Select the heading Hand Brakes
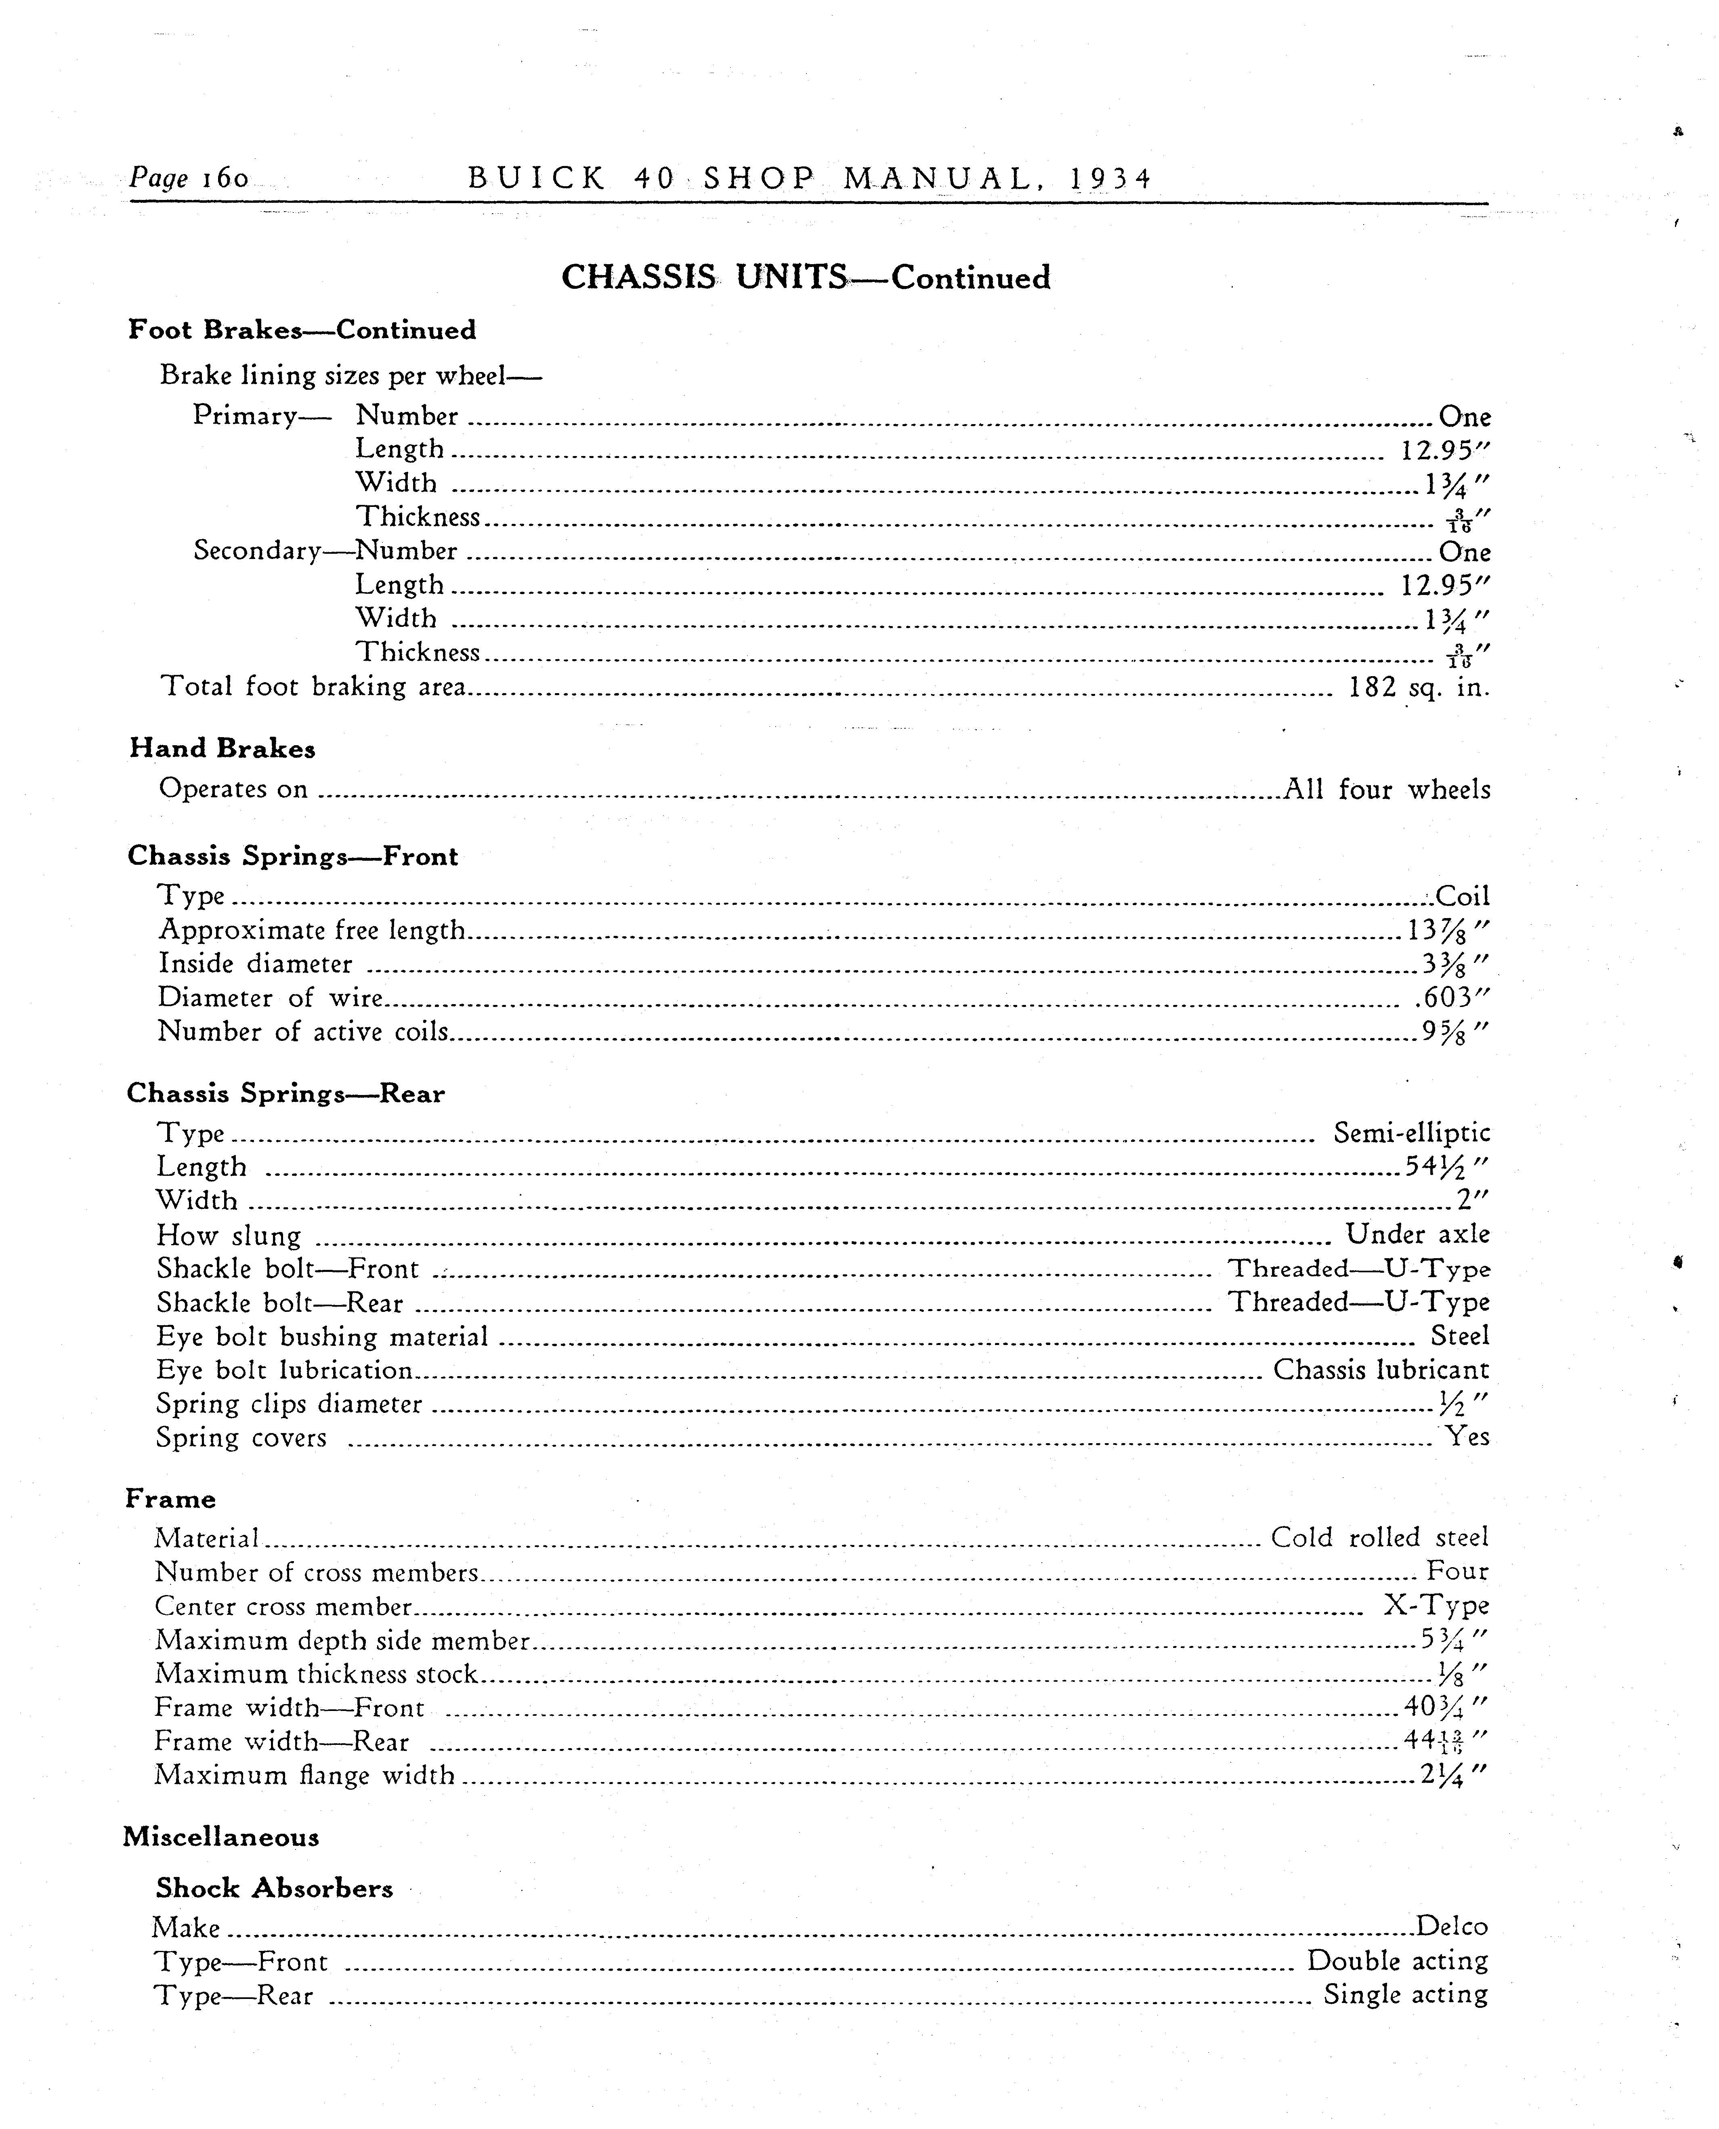tap(222, 748)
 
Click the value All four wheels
tap(1386, 789)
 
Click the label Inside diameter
tap(256, 963)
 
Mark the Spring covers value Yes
tap(1467, 1436)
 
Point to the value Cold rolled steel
tap(1379, 1537)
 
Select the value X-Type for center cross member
tap(1436, 1605)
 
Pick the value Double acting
tap(1397, 1961)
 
